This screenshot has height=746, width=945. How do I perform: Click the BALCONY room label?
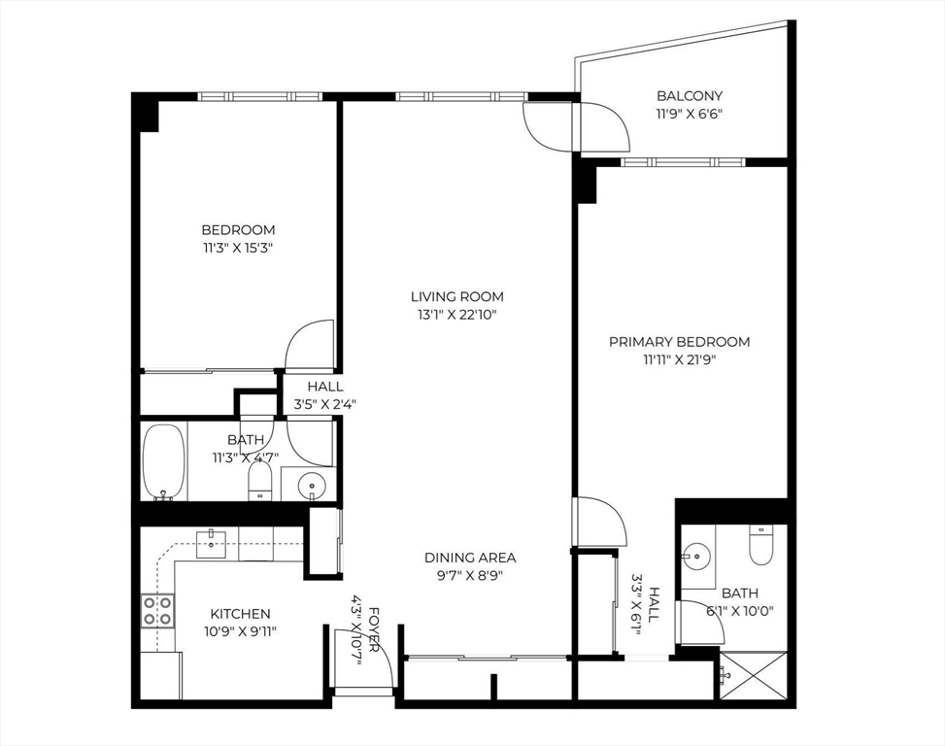690,95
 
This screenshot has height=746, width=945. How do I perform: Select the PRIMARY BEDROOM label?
679,342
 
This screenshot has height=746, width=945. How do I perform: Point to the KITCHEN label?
240,614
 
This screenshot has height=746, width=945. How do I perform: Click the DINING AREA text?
470,558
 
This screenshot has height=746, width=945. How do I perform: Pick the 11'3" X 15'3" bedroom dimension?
238,248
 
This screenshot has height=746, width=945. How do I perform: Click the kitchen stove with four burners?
158,611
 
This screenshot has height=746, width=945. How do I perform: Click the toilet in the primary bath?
760,546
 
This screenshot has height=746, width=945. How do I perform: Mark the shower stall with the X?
753,674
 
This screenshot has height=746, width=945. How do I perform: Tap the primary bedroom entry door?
600,523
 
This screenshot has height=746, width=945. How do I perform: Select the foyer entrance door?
363,661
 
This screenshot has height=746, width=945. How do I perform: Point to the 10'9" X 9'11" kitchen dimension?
240,631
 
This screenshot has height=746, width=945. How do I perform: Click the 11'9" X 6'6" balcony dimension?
690,114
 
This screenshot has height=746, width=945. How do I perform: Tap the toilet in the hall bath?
259,479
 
